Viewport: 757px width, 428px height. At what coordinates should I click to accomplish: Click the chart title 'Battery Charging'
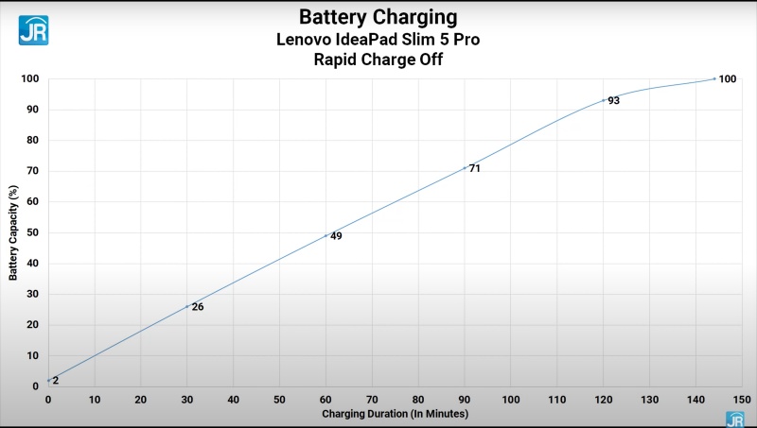click(x=378, y=17)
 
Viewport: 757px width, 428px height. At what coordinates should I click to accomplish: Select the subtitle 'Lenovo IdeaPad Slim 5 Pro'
click(x=378, y=39)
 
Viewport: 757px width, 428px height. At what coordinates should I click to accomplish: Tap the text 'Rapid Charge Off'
click(x=378, y=60)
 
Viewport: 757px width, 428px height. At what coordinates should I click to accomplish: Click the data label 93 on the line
click(x=613, y=100)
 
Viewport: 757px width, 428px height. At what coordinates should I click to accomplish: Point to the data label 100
click(x=727, y=79)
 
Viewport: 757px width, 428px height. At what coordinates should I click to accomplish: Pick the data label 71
click(x=475, y=168)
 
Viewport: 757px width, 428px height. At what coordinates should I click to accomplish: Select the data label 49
click(x=336, y=236)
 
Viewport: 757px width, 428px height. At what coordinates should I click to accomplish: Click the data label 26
click(x=198, y=306)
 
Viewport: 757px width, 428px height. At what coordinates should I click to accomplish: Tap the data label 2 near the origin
click(x=56, y=380)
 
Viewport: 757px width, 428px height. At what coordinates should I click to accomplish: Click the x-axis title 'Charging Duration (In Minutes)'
click(x=395, y=414)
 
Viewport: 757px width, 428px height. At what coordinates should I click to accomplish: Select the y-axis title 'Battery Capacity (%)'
click(x=13, y=231)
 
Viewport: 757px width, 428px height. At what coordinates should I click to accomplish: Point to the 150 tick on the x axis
click(x=741, y=400)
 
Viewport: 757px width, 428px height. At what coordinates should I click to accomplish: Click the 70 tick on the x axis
click(x=372, y=400)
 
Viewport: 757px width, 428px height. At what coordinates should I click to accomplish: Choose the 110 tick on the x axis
click(x=556, y=400)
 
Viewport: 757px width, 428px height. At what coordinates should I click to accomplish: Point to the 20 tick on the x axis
click(x=140, y=400)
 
